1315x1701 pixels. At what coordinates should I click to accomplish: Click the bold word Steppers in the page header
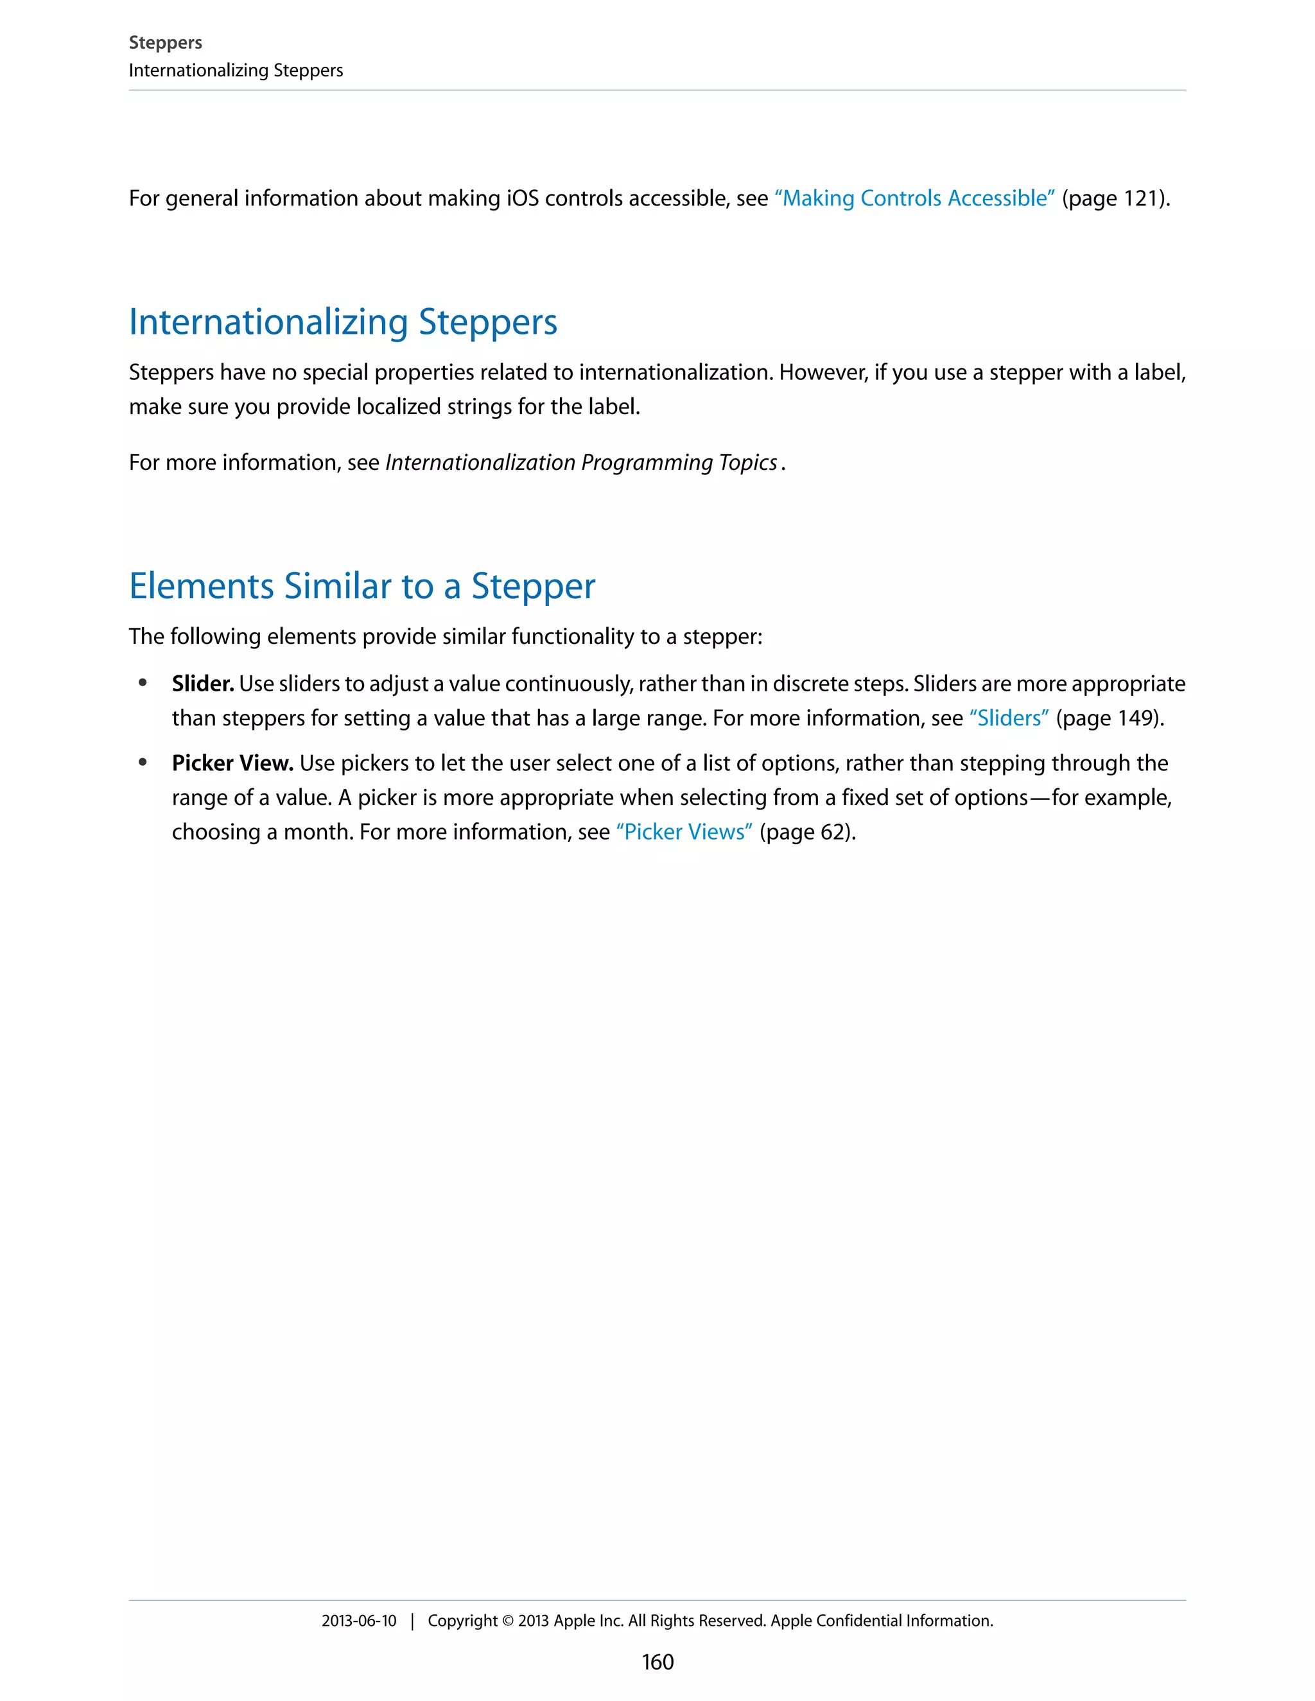pyautogui.click(x=165, y=43)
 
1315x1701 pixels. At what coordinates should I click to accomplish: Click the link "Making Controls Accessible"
pyautogui.click(x=914, y=198)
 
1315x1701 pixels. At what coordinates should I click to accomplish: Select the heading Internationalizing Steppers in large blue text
pyautogui.click(x=343, y=322)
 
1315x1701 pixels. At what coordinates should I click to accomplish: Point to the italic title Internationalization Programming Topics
pyautogui.click(x=581, y=463)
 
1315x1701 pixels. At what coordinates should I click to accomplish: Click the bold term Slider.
pyautogui.click(x=202, y=684)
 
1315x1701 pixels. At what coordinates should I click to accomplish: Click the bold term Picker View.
pyautogui.click(x=232, y=763)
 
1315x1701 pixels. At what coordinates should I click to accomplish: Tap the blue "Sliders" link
pyautogui.click(x=1008, y=718)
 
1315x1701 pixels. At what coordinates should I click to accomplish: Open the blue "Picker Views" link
pyautogui.click(x=684, y=832)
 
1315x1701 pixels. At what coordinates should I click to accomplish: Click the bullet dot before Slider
pyautogui.click(x=143, y=683)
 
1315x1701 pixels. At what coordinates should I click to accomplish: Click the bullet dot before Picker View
pyautogui.click(x=143, y=763)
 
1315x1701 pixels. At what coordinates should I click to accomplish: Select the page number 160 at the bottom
pyautogui.click(x=657, y=1662)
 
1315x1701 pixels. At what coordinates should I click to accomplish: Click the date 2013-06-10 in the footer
pyautogui.click(x=358, y=1621)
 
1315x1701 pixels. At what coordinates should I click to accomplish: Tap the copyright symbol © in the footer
pyautogui.click(x=507, y=1621)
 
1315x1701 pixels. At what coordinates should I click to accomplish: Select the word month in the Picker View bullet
pyautogui.click(x=318, y=832)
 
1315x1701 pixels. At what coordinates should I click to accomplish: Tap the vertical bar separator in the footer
pyautogui.click(x=412, y=1621)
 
